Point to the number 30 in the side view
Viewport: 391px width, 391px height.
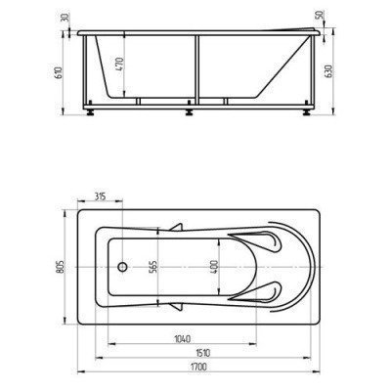pyautogui.click(x=61, y=17)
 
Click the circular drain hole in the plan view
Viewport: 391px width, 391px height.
pyautogui.click(x=124, y=265)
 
